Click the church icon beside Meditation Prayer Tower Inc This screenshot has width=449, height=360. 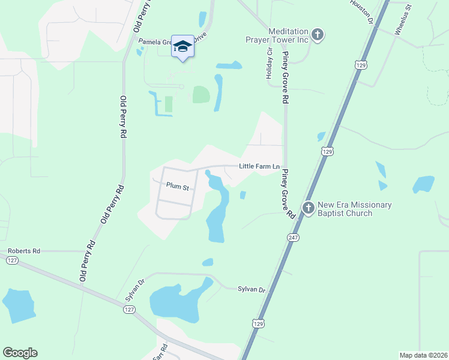318,35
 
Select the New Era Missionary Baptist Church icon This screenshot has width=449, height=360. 309,209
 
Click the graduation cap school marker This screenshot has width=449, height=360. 182,46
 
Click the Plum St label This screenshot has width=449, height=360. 178,187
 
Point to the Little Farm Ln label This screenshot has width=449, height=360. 259,166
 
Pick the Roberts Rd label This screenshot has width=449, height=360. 24,251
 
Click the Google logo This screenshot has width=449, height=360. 20,353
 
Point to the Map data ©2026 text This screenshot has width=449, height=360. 423,355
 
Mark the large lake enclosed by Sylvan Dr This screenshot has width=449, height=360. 178,302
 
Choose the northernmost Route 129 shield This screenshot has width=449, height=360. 360,64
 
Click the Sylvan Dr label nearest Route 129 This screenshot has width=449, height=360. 253,289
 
